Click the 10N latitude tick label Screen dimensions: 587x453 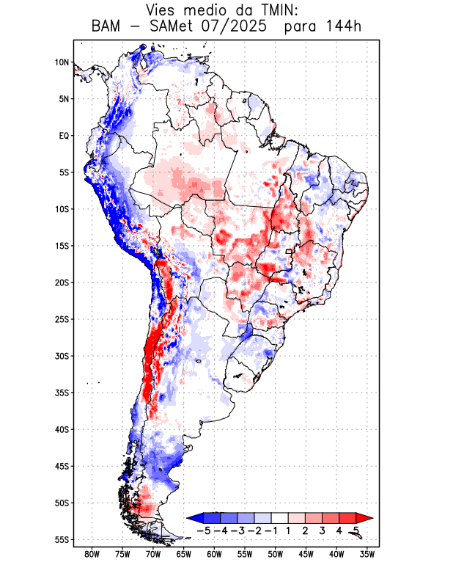pos(62,62)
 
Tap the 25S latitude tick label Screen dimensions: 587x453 pos(62,319)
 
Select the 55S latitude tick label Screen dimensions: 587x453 pos(62,539)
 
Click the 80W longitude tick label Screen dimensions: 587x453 pos(92,554)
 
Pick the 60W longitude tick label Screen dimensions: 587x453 pos(214,554)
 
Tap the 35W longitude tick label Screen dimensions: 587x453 pos(367,554)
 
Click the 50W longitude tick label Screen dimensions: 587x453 pos(276,554)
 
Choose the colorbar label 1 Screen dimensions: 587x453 pos(288,531)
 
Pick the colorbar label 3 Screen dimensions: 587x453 pos(322,531)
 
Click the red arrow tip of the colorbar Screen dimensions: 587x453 pos(359,518)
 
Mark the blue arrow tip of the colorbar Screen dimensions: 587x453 pos(193,518)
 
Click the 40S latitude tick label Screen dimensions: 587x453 pos(62,429)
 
